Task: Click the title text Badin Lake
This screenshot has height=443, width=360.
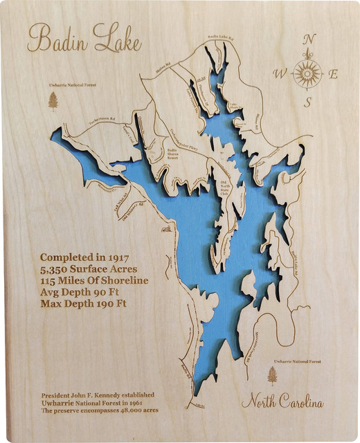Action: coord(84,39)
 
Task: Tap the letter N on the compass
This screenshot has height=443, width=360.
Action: coord(309,39)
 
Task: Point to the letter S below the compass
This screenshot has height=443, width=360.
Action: coord(307,101)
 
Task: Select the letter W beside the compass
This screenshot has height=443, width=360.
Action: coord(279,73)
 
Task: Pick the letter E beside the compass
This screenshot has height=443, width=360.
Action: coord(333,75)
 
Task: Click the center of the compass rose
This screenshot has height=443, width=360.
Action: coord(307,72)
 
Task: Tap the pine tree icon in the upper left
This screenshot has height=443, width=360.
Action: coord(53,101)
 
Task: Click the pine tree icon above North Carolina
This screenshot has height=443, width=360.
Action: coord(272,375)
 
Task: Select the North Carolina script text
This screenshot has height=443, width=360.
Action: coord(282,402)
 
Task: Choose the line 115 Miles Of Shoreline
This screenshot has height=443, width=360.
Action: coord(94,280)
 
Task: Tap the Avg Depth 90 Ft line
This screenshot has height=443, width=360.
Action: coord(80,292)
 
